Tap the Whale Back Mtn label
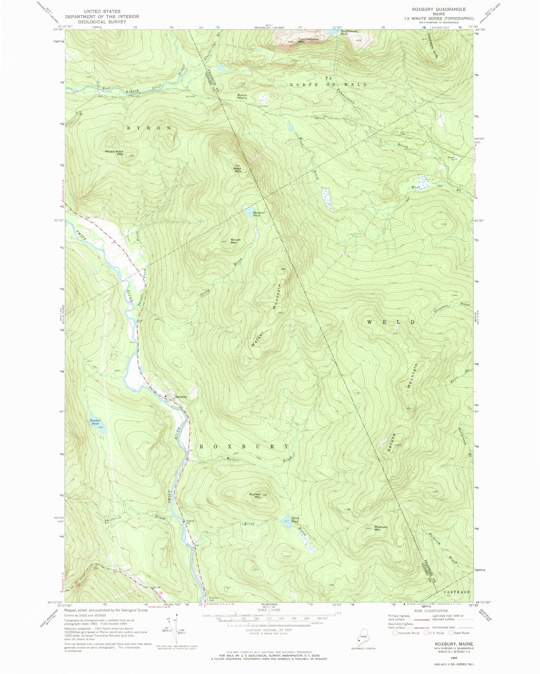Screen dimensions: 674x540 [x=114, y=153]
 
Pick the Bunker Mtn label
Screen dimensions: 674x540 [x=255, y=496]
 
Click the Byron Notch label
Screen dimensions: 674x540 [x=242, y=97]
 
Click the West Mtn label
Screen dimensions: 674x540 [x=238, y=169]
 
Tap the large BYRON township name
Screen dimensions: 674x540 [x=148, y=128]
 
